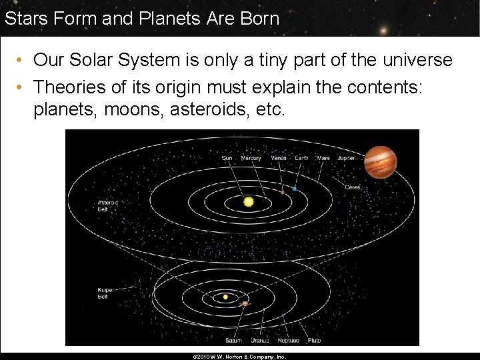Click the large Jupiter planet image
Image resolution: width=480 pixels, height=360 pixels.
380,162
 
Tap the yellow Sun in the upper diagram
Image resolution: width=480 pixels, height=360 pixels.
249,201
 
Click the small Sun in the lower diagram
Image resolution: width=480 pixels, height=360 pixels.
225,297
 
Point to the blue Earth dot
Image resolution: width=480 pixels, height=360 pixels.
294,189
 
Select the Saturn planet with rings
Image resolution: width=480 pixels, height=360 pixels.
245,303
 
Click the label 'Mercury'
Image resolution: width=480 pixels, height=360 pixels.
251,159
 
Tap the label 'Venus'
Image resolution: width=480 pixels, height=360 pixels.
279,159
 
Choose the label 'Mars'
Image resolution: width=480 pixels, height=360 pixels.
323,159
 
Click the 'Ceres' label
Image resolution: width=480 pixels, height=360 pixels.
353,187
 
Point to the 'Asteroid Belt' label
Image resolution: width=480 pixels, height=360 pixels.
108,205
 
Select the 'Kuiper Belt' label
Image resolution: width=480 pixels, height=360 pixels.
107,293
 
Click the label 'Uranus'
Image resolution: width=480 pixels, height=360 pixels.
259,340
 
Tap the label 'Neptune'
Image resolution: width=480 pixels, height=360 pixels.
289,340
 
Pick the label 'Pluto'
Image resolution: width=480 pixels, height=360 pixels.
314,340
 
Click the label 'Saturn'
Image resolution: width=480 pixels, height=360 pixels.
233,340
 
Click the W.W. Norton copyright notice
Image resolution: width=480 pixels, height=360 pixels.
239,357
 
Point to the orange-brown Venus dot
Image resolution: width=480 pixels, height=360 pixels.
282,192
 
